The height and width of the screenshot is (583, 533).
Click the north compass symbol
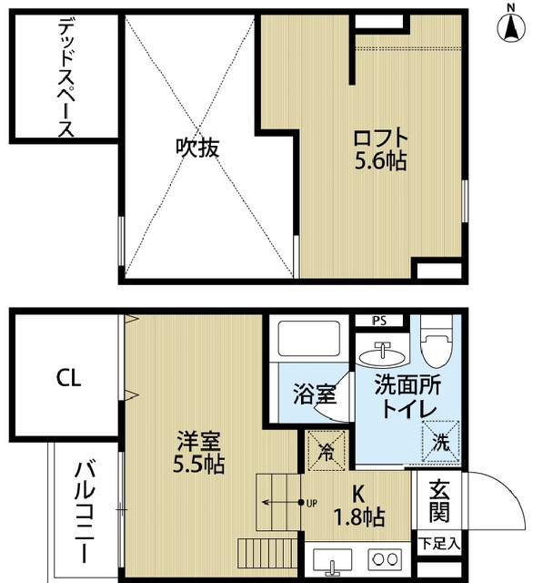tap(506, 24)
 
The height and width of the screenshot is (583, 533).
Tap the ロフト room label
tap(380, 138)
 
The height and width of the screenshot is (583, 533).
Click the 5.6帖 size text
tap(380, 162)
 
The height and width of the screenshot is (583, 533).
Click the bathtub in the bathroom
tap(306, 341)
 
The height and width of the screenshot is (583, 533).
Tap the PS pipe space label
tap(381, 320)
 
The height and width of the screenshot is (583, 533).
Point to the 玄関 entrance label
tap(439, 501)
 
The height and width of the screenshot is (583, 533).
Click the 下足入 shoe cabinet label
tap(439, 544)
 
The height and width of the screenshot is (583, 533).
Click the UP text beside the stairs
tap(311, 503)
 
